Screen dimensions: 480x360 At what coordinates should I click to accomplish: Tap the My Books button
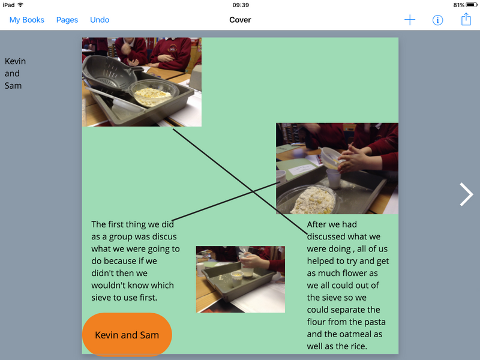(26, 20)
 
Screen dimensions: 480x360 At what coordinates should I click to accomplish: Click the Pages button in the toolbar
(67, 20)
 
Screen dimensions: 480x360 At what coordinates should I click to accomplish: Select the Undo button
(100, 20)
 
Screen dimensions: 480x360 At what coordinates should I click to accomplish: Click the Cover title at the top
(240, 20)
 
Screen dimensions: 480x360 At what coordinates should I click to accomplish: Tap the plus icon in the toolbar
(410, 20)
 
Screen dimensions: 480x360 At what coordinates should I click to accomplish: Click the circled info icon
(437, 20)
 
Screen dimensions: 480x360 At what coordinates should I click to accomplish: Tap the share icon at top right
(466, 19)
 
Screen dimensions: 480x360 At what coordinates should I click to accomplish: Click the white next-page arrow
(466, 194)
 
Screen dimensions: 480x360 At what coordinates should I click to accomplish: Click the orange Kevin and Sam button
(127, 335)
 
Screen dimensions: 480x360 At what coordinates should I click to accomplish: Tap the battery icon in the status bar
(472, 5)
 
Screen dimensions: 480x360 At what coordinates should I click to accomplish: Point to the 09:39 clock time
(241, 5)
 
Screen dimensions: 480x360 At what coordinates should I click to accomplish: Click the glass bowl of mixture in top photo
(152, 93)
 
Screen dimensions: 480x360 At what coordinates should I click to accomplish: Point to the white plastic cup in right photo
(334, 178)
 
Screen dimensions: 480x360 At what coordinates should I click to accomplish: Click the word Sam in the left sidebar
(13, 86)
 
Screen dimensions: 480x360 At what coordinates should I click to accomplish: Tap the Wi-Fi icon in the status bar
(20, 5)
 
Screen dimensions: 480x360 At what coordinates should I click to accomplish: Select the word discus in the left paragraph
(164, 236)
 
